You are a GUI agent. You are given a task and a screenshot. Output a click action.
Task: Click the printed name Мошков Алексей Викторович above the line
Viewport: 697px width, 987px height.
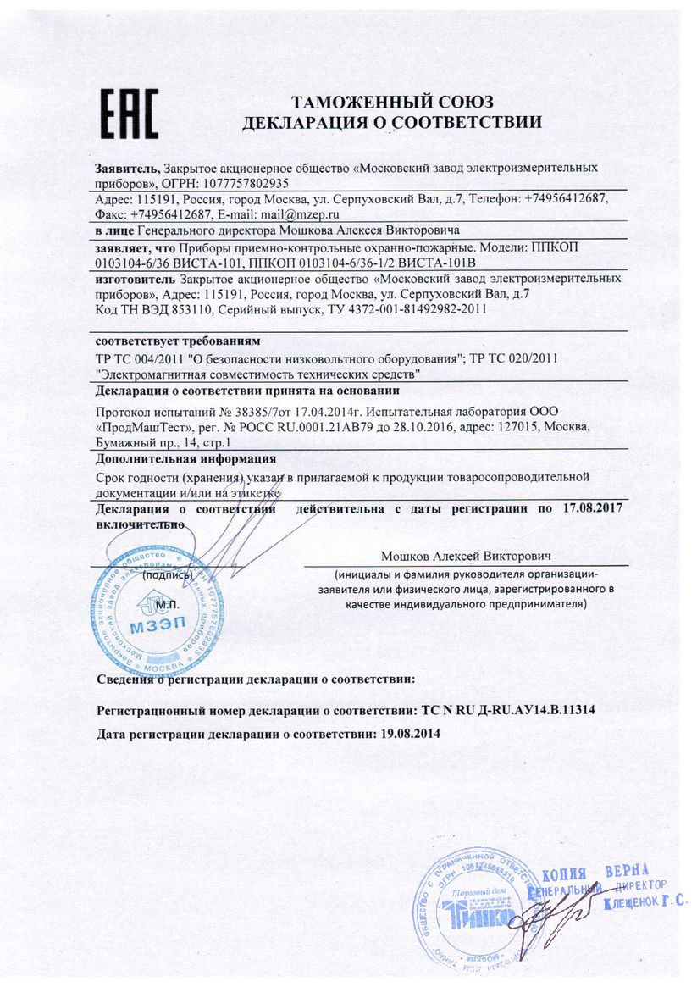click(x=466, y=557)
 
